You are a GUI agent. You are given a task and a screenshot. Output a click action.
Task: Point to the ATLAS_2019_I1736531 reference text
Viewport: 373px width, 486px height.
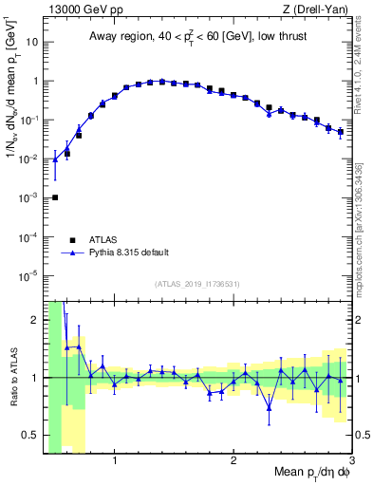click(197, 284)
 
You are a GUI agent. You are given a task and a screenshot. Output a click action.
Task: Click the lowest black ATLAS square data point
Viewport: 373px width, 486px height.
click(55, 197)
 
